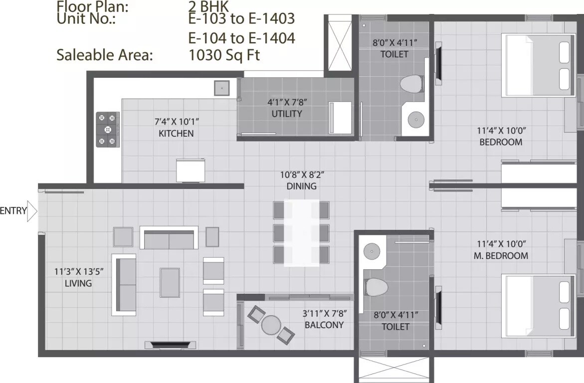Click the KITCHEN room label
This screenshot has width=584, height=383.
(x=176, y=133)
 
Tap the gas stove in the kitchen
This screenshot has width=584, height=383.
(x=108, y=129)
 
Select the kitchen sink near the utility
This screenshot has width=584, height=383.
(x=221, y=88)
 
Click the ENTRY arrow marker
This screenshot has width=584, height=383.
(x=32, y=211)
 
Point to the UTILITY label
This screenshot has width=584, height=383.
(x=287, y=113)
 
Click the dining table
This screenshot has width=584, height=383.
(x=301, y=233)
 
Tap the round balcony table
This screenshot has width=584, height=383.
(x=271, y=325)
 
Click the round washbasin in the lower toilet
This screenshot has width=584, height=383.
(x=372, y=250)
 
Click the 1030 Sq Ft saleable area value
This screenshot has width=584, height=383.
(x=224, y=54)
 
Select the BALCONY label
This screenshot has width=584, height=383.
(x=324, y=325)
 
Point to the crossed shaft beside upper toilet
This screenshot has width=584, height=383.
(x=339, y=43)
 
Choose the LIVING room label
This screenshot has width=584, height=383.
(x=78, y=283)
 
